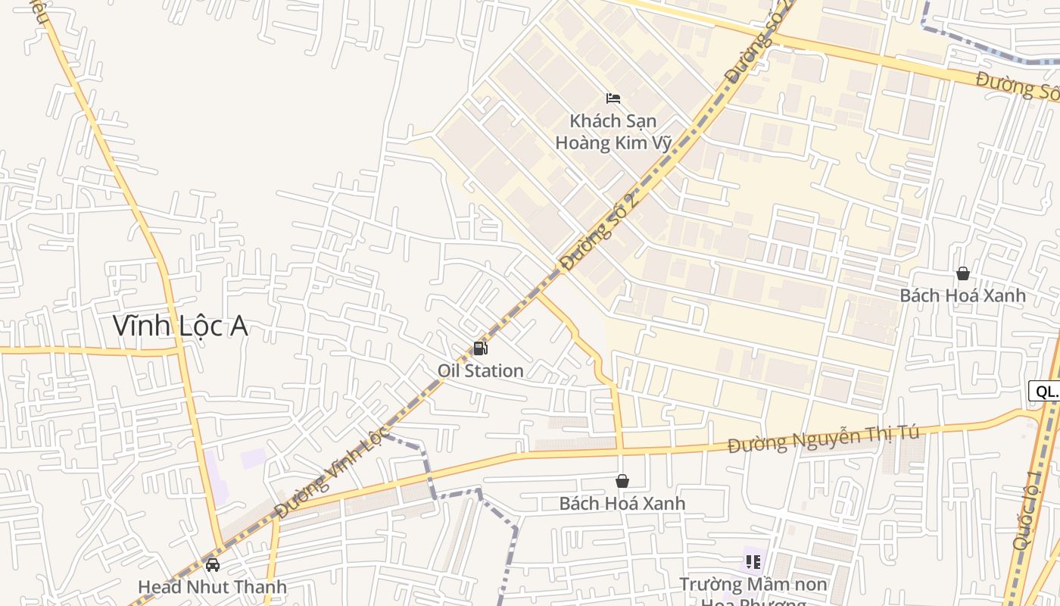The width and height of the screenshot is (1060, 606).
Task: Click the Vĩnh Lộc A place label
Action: pos(180,326)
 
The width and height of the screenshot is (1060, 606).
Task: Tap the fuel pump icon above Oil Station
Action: pos(480,348)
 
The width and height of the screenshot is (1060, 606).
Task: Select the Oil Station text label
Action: pos(480,370)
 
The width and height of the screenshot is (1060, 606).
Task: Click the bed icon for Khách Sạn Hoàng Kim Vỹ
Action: pos(613,98)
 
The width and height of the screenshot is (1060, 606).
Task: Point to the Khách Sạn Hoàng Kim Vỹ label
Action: pos(613,132)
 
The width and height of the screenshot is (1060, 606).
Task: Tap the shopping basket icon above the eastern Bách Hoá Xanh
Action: pos(962,273)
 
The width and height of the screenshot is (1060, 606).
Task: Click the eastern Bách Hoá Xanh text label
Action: pos(962,295)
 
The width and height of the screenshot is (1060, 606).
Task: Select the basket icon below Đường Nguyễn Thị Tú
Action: pos(622,481)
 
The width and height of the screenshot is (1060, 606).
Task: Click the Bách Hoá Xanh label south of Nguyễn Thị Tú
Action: pos(622,503)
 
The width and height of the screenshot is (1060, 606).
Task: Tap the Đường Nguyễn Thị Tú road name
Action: pos(823,439)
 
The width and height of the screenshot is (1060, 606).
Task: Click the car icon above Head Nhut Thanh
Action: pos(213,565)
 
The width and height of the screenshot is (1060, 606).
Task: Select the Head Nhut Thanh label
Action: pos(212,587)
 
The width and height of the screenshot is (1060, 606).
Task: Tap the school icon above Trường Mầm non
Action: pos(753,562)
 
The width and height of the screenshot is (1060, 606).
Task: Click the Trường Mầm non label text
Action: pos(753,585)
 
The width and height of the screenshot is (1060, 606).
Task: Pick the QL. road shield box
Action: pos(1046,391)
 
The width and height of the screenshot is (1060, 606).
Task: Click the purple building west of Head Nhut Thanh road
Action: pos(253,458)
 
